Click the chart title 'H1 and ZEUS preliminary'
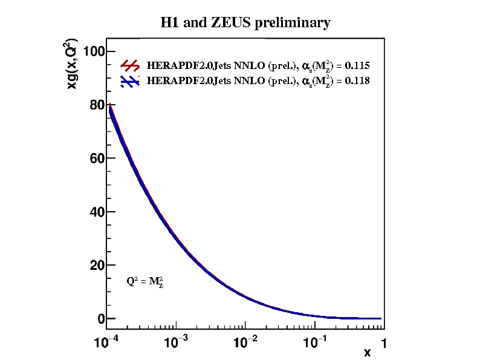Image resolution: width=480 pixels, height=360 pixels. click(x=245, y=23)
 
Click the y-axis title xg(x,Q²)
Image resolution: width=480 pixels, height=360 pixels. click(x=72, y=65)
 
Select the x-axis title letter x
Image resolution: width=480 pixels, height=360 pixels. click(x=367, y=352)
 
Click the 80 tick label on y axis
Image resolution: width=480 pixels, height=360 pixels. click(x=93, y=105)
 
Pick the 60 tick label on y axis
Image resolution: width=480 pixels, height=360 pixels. click(x=93, y=159)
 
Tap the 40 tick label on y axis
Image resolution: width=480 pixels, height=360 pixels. click(x=93, y=212)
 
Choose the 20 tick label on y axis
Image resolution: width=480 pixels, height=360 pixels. click(x=93, y=265)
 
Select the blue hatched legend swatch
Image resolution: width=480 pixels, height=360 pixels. click(x=131, y=81)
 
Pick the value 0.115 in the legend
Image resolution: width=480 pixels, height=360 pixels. click(x=357, y=65)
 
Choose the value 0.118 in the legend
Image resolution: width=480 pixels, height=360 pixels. click(x=357, y=80)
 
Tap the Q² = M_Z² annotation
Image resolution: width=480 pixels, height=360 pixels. click(x=145, y=281)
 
